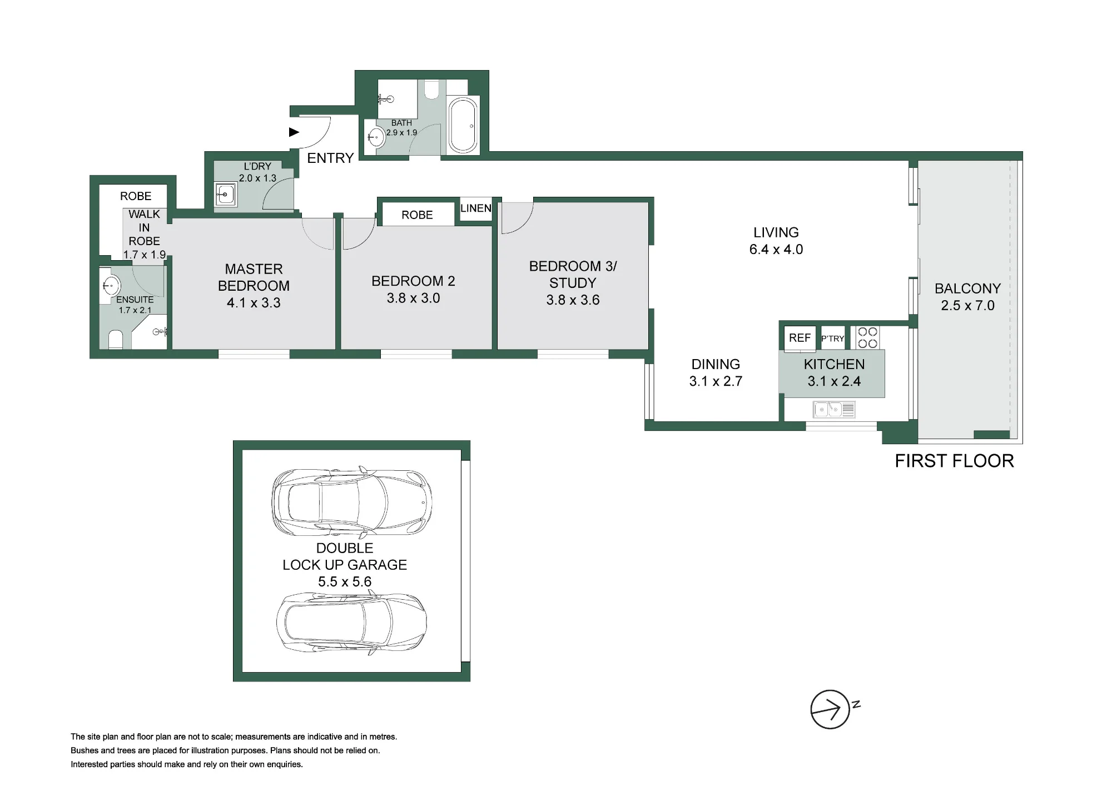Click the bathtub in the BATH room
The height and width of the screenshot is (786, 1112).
point(463,125)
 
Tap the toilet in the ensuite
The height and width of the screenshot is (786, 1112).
point(116,339)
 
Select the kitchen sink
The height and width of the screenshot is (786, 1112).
point(834,410)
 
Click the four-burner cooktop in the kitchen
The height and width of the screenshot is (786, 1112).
point(867,337)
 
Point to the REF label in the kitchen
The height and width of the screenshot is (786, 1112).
point(800,338)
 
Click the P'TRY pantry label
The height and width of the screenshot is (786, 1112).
point(832,339)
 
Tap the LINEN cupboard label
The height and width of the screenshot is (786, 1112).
point(476,208)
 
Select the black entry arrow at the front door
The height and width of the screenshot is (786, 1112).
point(294,132)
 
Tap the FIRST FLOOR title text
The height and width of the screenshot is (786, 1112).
point(954,461)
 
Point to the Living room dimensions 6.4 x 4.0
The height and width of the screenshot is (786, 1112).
point(776,250)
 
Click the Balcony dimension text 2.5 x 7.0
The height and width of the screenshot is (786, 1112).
point(967,306)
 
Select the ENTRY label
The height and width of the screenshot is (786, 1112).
point(330,158)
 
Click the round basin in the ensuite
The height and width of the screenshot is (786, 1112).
point(111,286)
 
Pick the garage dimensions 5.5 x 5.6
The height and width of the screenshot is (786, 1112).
point(345,582)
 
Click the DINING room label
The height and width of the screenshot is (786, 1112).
point(716,365)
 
